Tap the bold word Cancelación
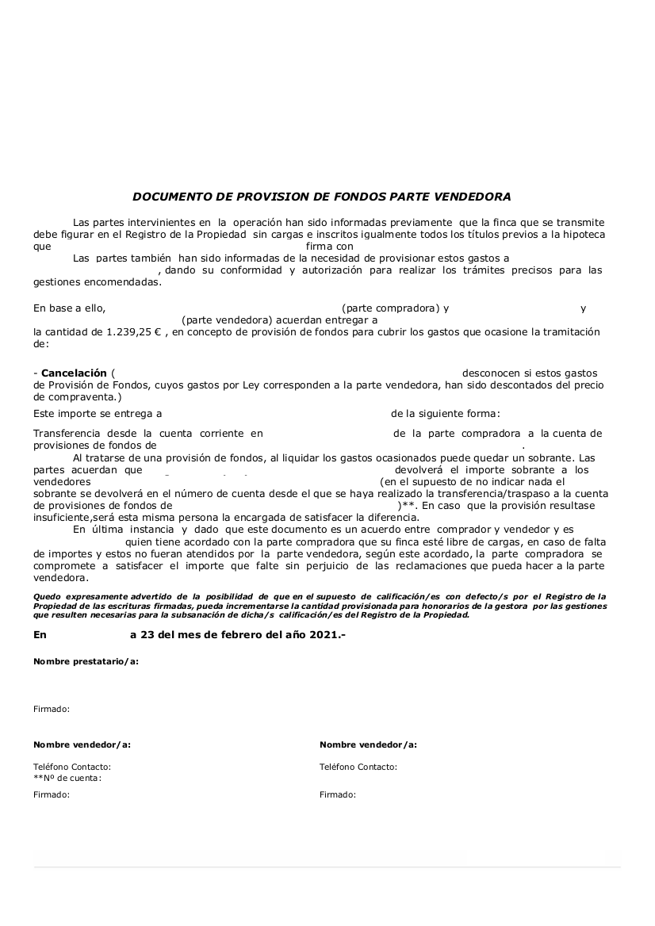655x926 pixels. pos(74,373)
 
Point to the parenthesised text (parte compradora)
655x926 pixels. pos(390,308)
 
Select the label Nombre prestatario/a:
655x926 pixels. pos(86,660)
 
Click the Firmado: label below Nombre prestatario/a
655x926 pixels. pos(52,709)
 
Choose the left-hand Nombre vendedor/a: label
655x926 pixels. pos(82,744)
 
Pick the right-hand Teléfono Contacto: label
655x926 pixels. pos(358,767)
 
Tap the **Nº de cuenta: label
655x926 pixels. pos(67,778)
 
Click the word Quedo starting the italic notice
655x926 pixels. pos(48,595)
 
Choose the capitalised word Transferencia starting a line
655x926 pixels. pos(67,433)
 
